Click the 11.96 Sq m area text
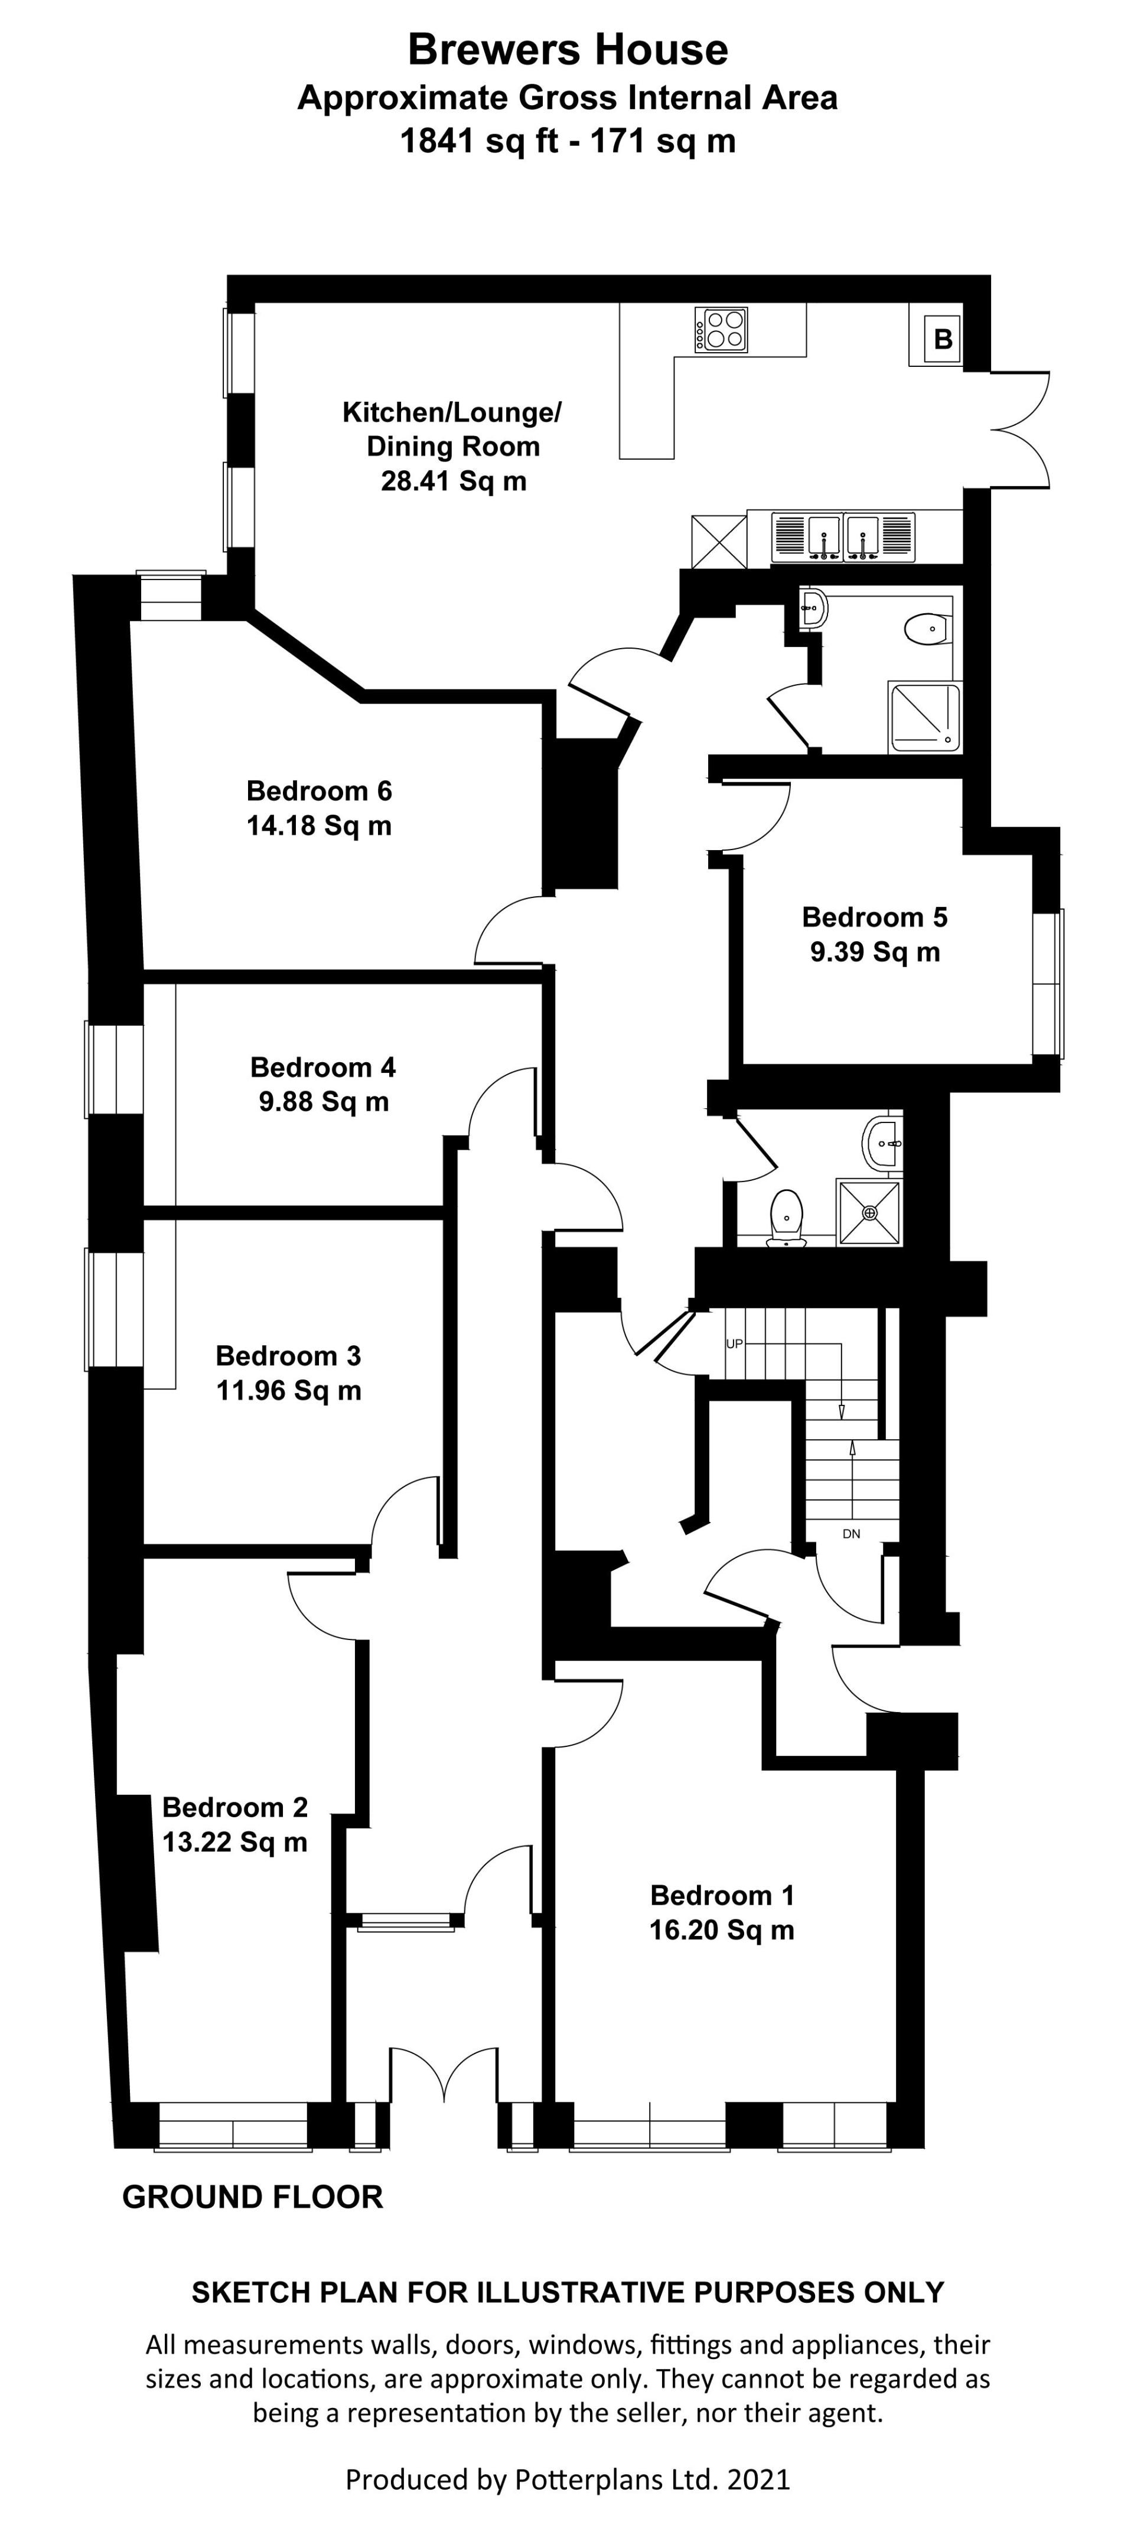pyautogui.click(x=289, y=1390)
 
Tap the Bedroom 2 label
pyautogui.click(x=235, y=1807)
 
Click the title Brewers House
pyautogui.click(x=568, y=49)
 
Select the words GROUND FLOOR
pyautogui.click(x=253, y=2197)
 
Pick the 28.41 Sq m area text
pyautogui.click(x=454, y=481)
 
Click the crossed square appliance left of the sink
pyautogui.click(x=718, y=541)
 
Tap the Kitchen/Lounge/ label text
pyautogui.click(x=452, y=413)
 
